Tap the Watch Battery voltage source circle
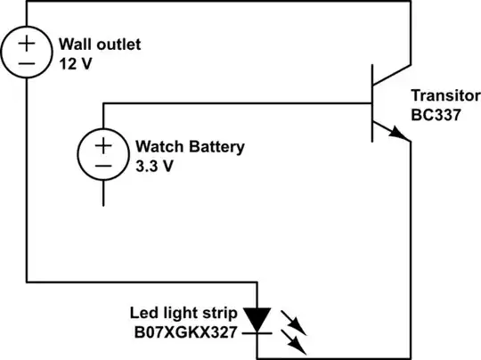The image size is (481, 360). tap(103, 154)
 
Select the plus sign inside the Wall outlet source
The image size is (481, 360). tap(27, 41)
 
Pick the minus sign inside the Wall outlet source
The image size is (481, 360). tap(27, 63)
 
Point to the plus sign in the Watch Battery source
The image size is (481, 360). tap(103, 143)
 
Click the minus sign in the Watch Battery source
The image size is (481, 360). tap(103, 166)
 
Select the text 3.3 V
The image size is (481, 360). tap(153, 164)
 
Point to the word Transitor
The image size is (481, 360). tap(441, 95)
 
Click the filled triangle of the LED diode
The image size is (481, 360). tap(257, 318)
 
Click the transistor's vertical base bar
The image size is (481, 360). tap(372, 103)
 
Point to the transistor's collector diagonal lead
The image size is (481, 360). tap(392, 76)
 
